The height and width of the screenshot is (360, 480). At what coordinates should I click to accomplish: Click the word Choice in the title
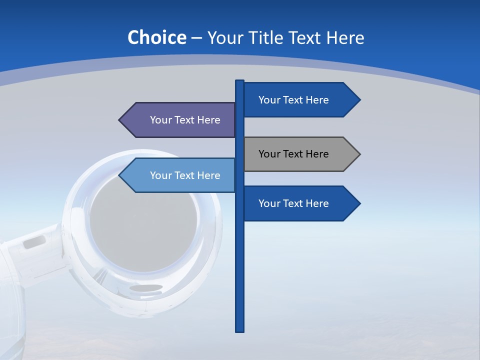coord(156,38)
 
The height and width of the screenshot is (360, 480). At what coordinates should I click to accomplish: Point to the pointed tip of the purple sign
coord(120,120)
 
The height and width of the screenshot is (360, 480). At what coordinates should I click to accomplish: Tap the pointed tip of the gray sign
coord(359,154)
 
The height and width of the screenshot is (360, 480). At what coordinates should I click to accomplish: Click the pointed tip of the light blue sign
coord(120,175)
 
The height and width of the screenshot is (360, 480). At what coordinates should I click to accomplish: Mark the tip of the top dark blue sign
coord(359,100)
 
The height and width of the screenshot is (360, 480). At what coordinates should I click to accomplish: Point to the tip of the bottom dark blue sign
coord(359,203)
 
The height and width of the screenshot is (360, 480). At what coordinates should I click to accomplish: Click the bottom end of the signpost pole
coord(240,330)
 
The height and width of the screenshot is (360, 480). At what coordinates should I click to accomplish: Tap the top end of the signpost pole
coord(240,81)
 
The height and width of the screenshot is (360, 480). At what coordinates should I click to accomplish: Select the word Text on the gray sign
coord(293,154)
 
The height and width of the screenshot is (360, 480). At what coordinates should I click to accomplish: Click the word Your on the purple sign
coord(161,120)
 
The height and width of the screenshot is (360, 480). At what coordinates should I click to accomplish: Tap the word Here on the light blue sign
coord(209,175)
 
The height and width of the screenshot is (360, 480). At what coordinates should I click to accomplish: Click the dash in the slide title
coord(196,38)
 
